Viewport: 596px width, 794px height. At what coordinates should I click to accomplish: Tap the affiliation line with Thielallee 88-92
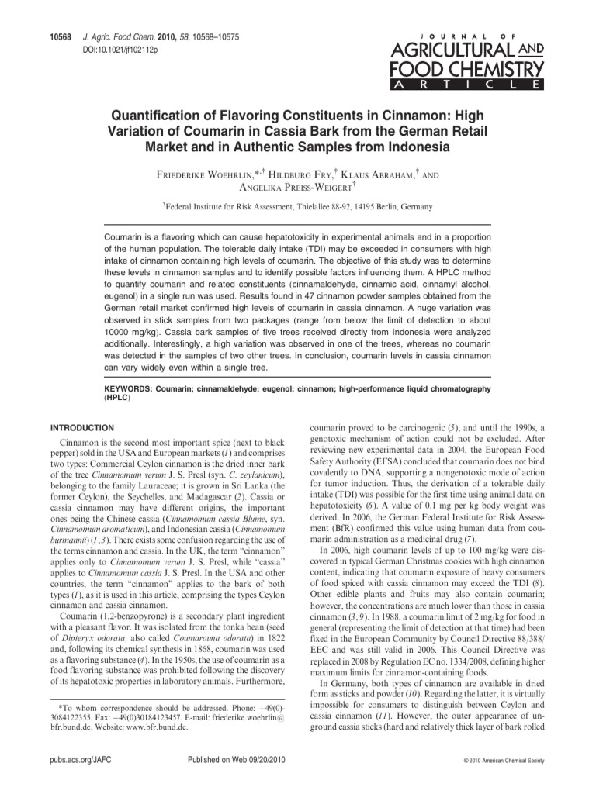[x=300, y=207]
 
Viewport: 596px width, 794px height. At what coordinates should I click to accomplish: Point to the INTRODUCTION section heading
[x=82, y=428]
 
